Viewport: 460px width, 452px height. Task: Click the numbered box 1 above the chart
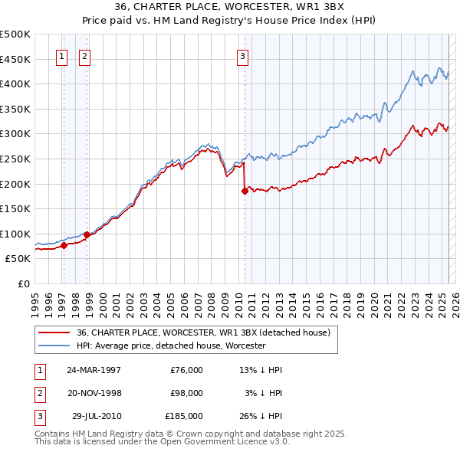pyautogui.click(x=61, y=55)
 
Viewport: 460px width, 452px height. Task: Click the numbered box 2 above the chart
pyautogui.click(x=84, y=55)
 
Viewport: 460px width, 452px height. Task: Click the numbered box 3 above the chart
pyautogui.click(x=242, y=55)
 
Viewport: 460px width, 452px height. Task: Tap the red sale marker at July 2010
pyautogui.click(x=245, y=192)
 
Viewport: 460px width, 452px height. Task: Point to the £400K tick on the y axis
pyautogui.click(x=17, y=84)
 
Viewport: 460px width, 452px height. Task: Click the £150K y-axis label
pyautogui.click(x=17, y=208)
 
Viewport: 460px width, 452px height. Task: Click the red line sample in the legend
pyautogui.click(x=54, y=332)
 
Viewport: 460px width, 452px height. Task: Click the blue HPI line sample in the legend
pyautogui.click(x=54, y=346)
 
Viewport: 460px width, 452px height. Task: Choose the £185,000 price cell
pyautogui.click(x=184, y=416)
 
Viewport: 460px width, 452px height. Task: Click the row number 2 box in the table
pyautogui.click(x=39, y=393)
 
